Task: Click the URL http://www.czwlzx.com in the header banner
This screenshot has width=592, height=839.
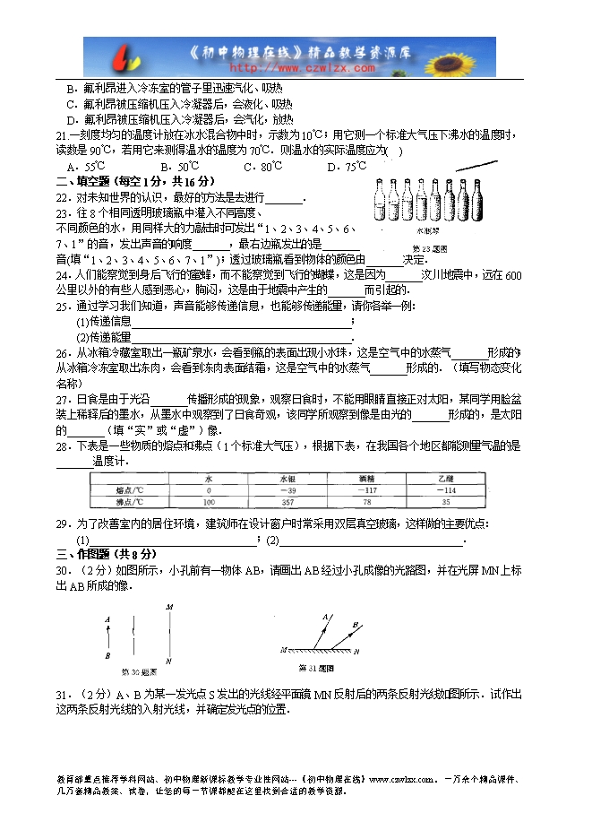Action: tap(304, 67)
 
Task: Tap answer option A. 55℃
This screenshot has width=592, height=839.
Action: tap(86, 167)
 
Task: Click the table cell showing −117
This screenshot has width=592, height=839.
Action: tap(365, 490)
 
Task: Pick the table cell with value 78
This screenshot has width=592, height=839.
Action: tap(365, 503)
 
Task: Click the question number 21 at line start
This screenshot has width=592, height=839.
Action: tap(62, 135)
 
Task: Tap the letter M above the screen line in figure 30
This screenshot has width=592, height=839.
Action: tap(167, 608)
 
